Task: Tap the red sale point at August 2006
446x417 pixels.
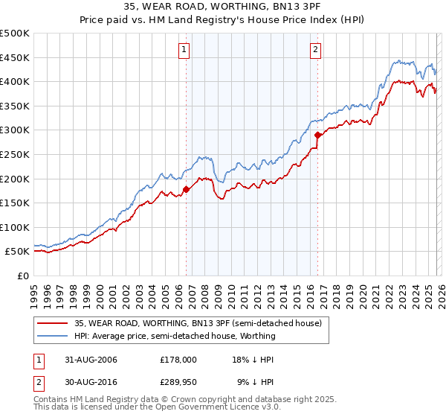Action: [186, 189]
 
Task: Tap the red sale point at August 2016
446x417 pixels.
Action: [317, 135]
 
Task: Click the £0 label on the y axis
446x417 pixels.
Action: [22, 276]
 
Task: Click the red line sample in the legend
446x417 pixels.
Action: [52, 324]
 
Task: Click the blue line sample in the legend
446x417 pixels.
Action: [52, 337]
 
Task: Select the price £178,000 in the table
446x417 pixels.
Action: [178, 359]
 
